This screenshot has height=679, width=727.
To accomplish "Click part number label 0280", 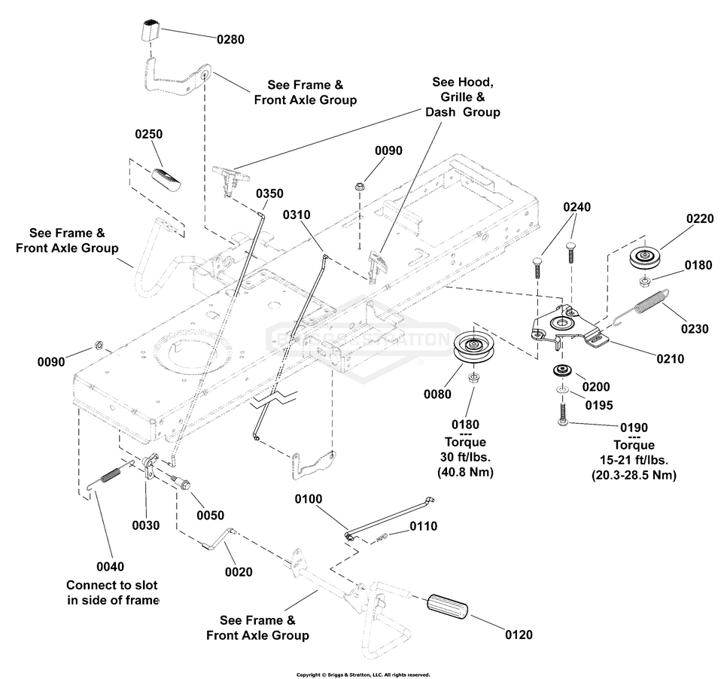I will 230,39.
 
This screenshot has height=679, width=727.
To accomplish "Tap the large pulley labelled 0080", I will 474,348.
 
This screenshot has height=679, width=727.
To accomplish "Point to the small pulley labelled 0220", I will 645,257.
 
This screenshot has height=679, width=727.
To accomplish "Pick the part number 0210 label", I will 669,359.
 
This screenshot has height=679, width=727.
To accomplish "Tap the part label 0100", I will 308,499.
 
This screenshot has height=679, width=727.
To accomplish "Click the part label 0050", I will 210,515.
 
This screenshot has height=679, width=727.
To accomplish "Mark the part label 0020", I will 239,572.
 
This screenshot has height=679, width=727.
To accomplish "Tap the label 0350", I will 269,193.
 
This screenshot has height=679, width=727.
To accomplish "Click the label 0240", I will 577,206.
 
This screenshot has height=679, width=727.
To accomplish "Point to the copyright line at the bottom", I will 363,674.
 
